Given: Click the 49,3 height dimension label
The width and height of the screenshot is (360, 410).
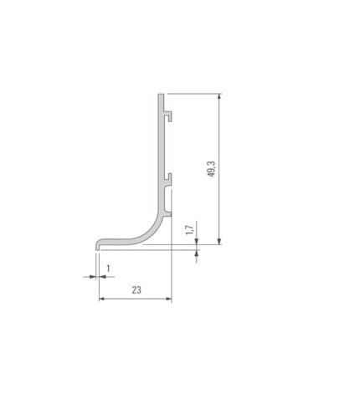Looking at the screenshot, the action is pos(212,169).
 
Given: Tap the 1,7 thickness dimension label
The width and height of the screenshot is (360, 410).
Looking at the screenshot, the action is pos(189,229).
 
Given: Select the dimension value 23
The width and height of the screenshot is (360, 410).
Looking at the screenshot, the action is pos(136,290).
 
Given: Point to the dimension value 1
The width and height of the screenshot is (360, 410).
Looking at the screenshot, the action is pos(108,269).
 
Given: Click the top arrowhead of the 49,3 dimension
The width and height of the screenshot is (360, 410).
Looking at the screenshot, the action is pos(219,97).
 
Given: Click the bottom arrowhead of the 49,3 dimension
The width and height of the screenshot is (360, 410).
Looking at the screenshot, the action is pos(219,242).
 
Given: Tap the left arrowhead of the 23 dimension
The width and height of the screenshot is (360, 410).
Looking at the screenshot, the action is pos(102,299).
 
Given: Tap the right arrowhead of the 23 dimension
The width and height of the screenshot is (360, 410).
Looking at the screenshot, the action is pos(168,299).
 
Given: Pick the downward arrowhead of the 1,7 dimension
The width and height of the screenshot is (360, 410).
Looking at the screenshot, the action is pos(197,242).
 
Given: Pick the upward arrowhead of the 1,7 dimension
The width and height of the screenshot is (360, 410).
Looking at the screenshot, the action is pos(197,254).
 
